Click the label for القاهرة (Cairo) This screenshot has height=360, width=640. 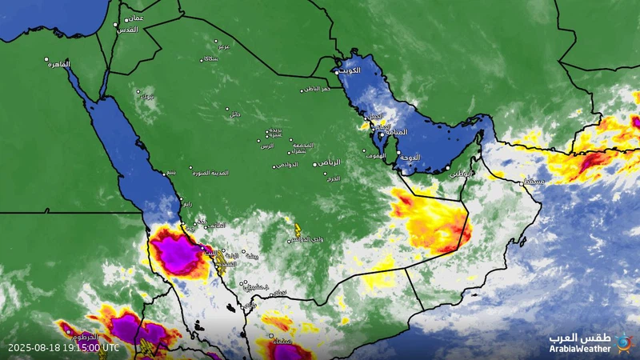58,64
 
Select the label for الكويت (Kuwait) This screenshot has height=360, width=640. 351,71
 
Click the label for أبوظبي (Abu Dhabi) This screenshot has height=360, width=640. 462,172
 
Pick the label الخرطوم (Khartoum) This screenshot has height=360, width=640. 83,335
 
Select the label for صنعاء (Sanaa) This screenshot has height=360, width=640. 282,342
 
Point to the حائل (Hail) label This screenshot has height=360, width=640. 234,115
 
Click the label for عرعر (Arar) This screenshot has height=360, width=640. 224,46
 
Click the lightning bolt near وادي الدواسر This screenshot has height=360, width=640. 298,230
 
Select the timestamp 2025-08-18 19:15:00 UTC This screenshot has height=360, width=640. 63,348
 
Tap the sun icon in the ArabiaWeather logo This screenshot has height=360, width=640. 623,343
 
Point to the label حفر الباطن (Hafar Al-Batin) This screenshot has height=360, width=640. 315,89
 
